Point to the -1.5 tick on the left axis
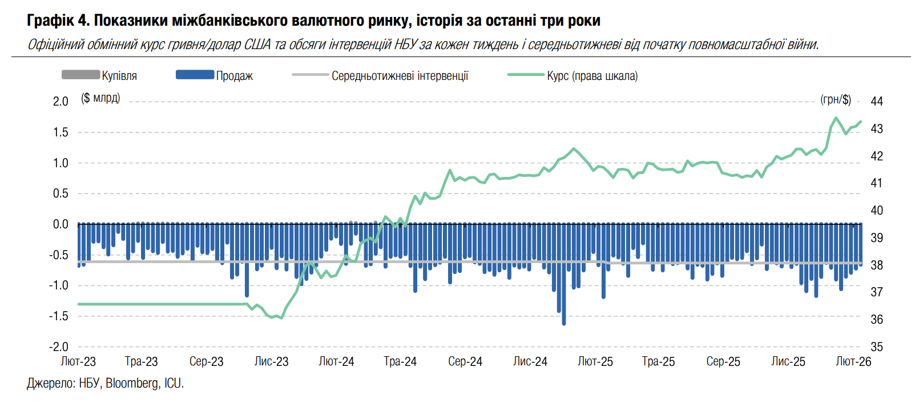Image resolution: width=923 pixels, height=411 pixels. click(x=58, y=316)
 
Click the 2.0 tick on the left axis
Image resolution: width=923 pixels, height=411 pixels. click(x=61, y=102)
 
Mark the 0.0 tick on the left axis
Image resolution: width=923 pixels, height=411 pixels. click(x=61, y=224)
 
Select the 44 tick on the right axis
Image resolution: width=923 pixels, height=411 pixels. click(x=877, y=102)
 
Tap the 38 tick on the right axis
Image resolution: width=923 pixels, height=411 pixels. click(x=877, y=265)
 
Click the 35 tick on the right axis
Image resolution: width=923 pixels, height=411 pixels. click(x=877, y=346)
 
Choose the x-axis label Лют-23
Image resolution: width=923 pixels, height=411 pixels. click(x=78, y=361)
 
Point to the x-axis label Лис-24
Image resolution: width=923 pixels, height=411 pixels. click(x=530, y=361)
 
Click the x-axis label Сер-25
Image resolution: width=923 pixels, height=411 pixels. click(x=723, y=361)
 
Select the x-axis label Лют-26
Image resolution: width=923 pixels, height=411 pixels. click(x=853, y=361)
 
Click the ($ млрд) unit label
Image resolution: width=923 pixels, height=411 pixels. click(x=100, y=98)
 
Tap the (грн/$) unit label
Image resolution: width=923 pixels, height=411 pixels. click(x=836, y=100)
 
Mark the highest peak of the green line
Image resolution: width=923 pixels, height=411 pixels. click(x=836, y=118)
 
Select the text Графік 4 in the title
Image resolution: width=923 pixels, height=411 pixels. click(x=58, y=21)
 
